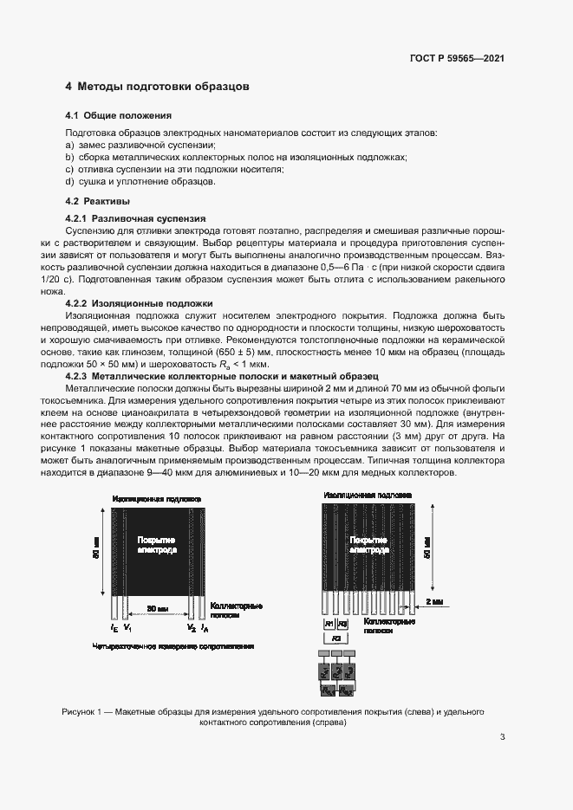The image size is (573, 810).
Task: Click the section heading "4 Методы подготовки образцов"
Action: [158, 87]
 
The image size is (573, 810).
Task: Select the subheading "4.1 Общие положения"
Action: [119, 115]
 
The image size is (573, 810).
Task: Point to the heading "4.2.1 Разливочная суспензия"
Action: [137, 219]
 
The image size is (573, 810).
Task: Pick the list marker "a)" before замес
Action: [70, 145]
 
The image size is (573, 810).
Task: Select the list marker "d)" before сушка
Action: [70, 182]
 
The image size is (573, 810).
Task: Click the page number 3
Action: [502, 737]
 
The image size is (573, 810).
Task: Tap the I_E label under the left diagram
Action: [114, 626]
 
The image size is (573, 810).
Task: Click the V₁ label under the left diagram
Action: [128, 626]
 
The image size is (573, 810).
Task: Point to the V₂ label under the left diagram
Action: [192, 626]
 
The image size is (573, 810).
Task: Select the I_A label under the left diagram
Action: [205, 626]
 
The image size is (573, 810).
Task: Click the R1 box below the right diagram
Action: [329, 624]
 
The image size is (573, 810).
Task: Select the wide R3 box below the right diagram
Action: [336, 637]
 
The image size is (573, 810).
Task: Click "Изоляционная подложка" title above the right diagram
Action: [368, 495]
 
